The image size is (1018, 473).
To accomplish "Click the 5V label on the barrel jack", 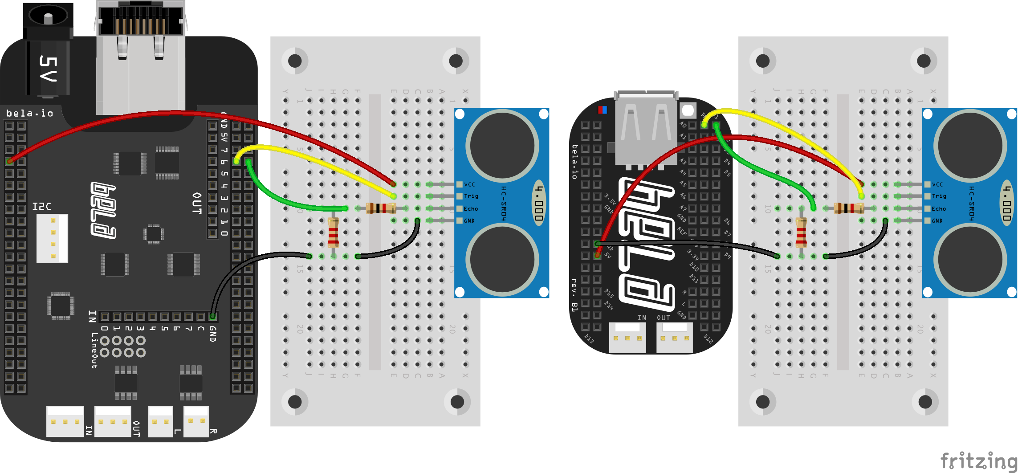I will coord(48,68).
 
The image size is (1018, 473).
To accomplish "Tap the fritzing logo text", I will coord(978,461).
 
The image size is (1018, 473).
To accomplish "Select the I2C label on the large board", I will coord(42,206).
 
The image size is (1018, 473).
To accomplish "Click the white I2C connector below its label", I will coord(52,238).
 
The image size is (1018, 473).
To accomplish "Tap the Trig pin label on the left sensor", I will coord(471,196).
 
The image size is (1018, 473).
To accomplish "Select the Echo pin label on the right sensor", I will coord(939,208).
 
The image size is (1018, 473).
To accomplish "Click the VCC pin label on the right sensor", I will coord(937,184).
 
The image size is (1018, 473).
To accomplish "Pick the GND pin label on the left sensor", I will coord(469,220).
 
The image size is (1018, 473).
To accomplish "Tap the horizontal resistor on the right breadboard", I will coord(849,208).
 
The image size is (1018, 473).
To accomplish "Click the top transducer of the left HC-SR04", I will coord(502,145).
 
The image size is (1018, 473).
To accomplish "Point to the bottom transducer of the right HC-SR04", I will coord(970,260).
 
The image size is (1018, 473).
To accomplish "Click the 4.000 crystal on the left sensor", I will coord(539,203).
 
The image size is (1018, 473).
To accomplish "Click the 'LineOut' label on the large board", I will coord(94,350).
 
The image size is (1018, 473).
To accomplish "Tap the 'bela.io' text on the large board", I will coord(29,114).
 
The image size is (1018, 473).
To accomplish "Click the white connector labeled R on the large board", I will coord(196,421).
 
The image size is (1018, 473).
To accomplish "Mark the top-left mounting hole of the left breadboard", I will coord(295,61).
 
